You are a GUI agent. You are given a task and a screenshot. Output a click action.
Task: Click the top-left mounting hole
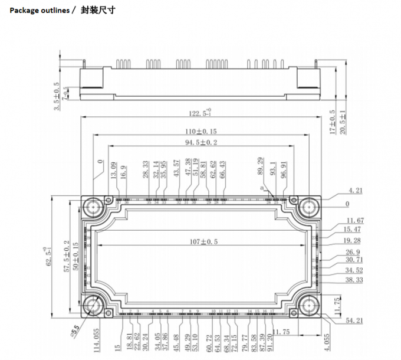click(x=94, y=207)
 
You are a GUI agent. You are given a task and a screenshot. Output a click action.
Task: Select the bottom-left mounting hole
click(x=94, y=306)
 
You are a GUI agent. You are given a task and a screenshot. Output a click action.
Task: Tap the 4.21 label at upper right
click(x=356, y=190)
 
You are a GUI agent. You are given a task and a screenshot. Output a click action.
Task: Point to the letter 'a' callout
click(x=265, y=187)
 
